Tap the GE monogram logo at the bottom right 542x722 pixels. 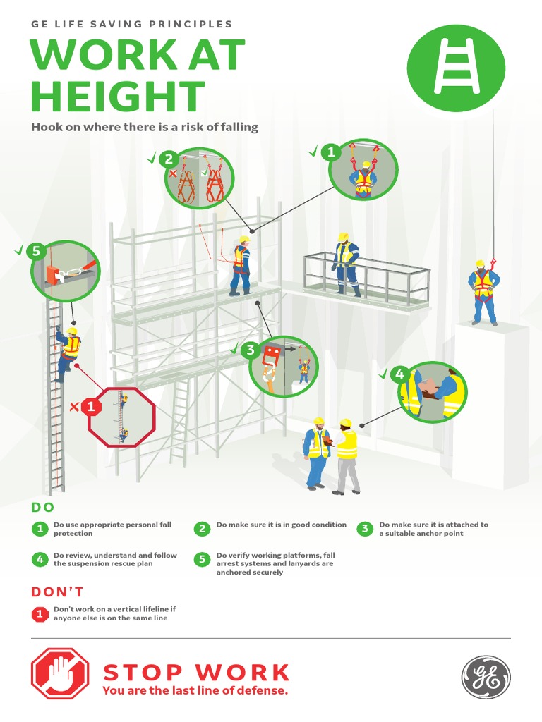pyautogui.click(x=486, y=677)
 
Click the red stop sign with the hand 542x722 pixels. pyautogui.click(x=60, y=674)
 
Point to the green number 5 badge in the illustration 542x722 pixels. pyautogui.click(x=35, y=250)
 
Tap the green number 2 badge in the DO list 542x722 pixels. pyautogui.click(x=202, y=529)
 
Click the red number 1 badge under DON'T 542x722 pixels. pyautogui.click(x=40, y=614)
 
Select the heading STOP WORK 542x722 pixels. pyautogui.click(x=196, y=672)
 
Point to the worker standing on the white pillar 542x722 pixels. pyautogui.click(x=483, y=291)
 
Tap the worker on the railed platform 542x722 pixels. pyautogui.click(x=346, y=264)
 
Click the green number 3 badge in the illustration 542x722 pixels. pyautogui.click(x=249, y=350)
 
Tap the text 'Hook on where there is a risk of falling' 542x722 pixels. pyautogui.click(x=145, y=128)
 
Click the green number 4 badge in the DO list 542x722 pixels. pyautogui.click(x=40, y=560)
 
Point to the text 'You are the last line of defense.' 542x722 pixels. pyautogui.click(x=195, y=691)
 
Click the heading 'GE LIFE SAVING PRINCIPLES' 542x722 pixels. pyautogui.click(x=132, y=24)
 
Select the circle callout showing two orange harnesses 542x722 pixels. pyautogui.click(x=200, y=179)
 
